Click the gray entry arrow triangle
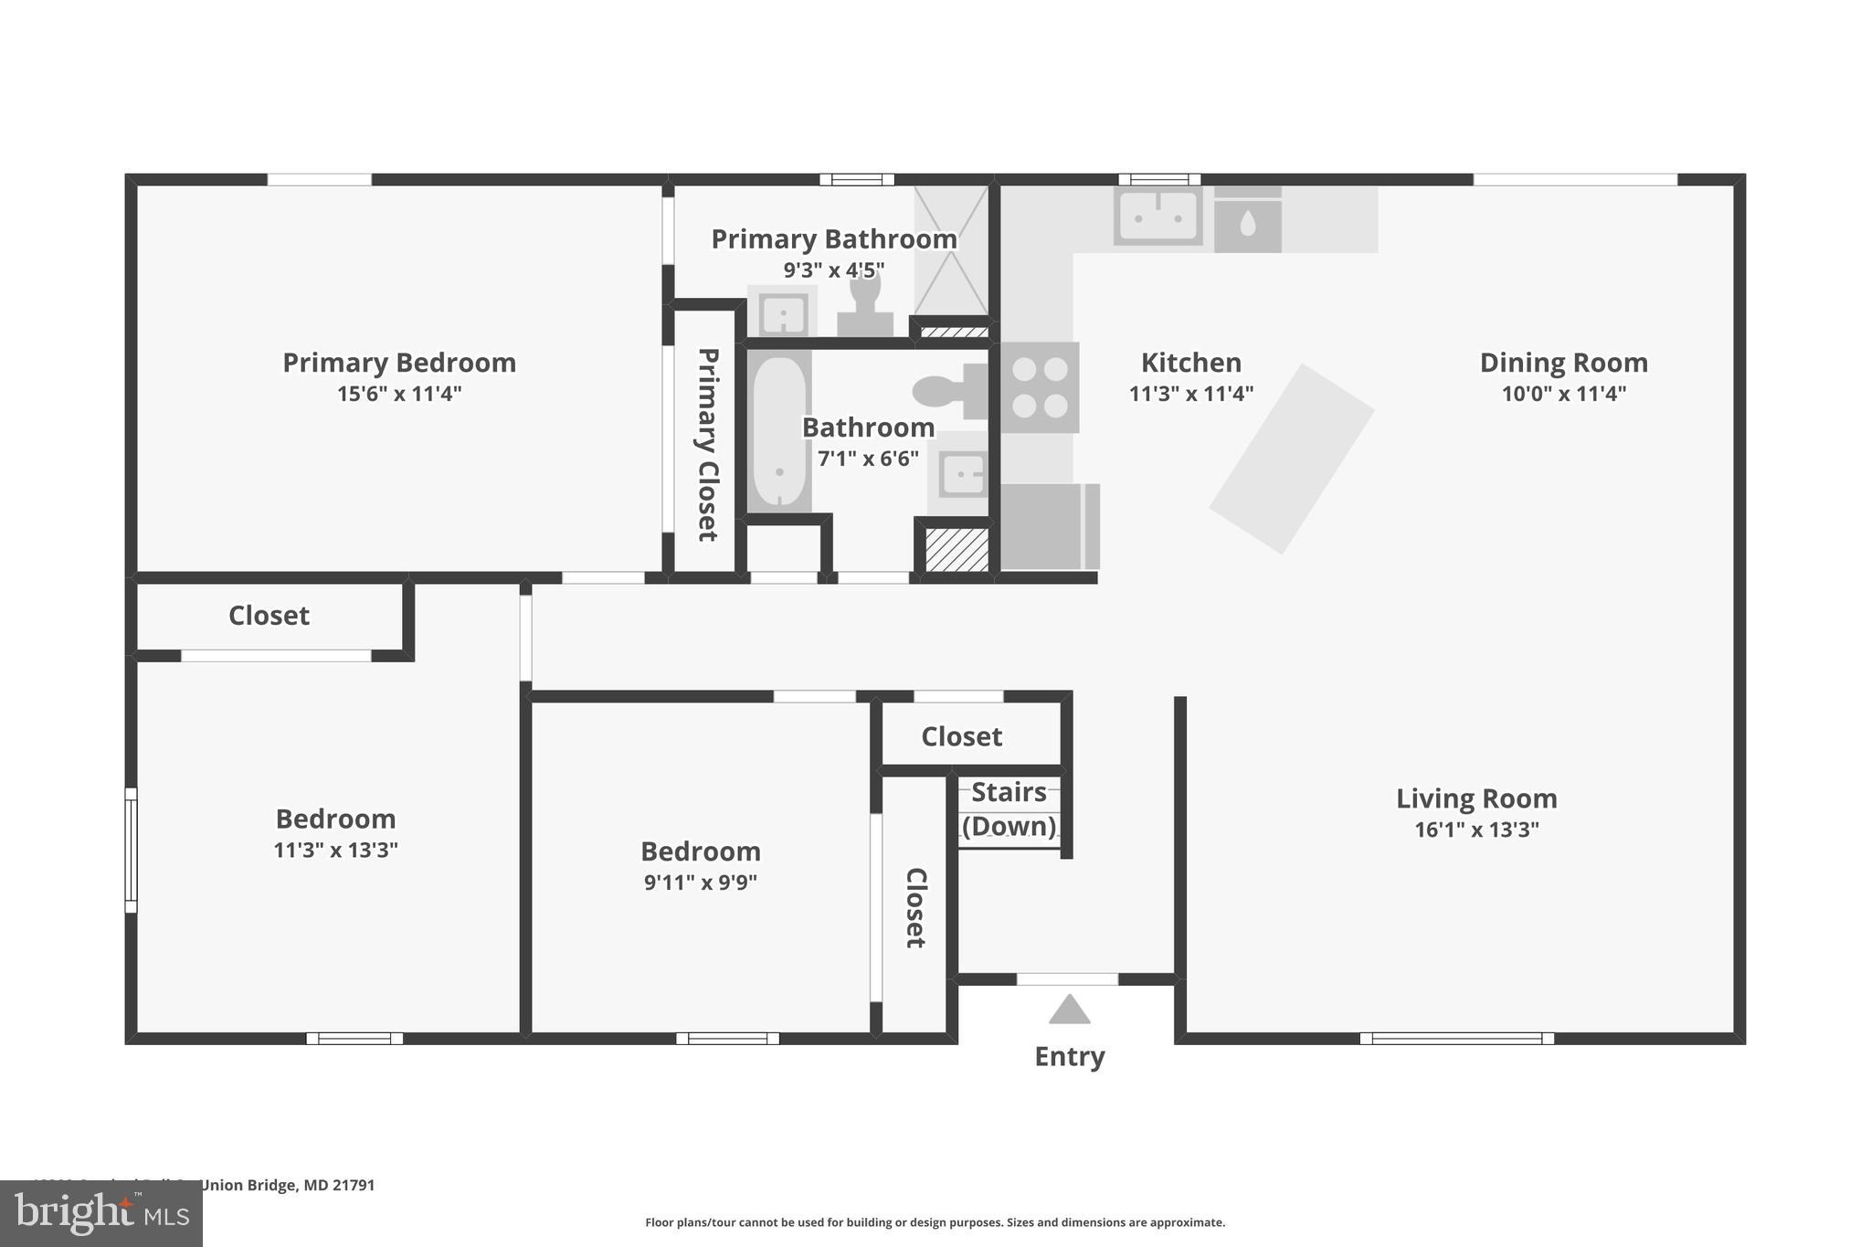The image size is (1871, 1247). (1069, 1010)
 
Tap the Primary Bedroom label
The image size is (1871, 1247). (399, 363)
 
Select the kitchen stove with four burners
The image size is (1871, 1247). (1040, 387)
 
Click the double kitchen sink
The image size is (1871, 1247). (1157, 217)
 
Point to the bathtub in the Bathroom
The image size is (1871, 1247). (778, 432)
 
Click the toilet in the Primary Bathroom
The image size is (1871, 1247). (864, 305)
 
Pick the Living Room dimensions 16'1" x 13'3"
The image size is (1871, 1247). (1476, 830)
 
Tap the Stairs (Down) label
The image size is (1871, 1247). (1009, 808)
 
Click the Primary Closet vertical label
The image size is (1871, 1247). (707, 444)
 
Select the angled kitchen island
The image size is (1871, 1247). (1292, 459)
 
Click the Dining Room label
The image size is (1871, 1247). (1563, 363)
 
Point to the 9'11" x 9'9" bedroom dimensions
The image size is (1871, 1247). (700, 882)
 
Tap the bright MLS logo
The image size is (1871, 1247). (101, 1214)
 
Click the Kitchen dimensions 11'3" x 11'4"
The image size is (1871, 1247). (1190, 394)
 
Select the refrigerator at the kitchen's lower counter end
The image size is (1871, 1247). (1048, 527)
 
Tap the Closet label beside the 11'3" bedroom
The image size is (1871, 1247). (269, 616)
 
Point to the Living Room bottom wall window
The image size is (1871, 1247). (1456, 1038)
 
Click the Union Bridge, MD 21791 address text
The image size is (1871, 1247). (287, 1185)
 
